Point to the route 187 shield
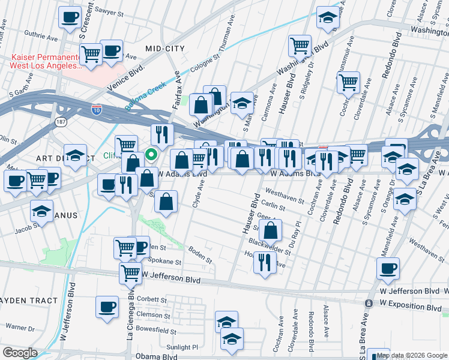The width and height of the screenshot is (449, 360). [x=59, y=121]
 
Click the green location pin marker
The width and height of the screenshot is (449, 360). [x=152, y=155]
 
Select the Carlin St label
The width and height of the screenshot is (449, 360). [x=273, y=205]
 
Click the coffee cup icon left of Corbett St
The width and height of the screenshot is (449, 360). [x=107, y=306]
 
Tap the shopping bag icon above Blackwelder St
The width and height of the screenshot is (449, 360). [x=271, y=229]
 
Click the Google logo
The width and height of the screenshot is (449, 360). [x=20, y=352]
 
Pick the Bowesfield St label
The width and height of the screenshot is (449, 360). [x=160, y=329]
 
